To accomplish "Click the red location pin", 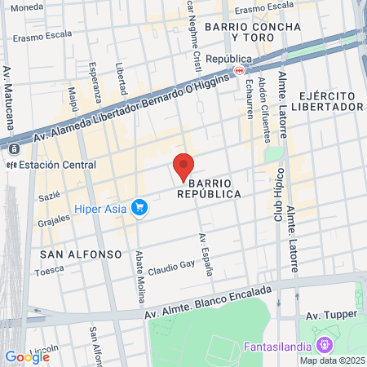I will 184,167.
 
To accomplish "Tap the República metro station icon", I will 239,71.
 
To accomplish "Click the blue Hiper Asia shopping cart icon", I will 139,208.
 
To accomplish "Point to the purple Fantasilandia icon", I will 325,345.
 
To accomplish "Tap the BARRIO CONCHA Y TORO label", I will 254,32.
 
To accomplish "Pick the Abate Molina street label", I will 140,275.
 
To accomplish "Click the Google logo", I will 28,356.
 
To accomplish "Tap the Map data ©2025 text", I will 330,360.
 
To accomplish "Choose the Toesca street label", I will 49,268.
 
